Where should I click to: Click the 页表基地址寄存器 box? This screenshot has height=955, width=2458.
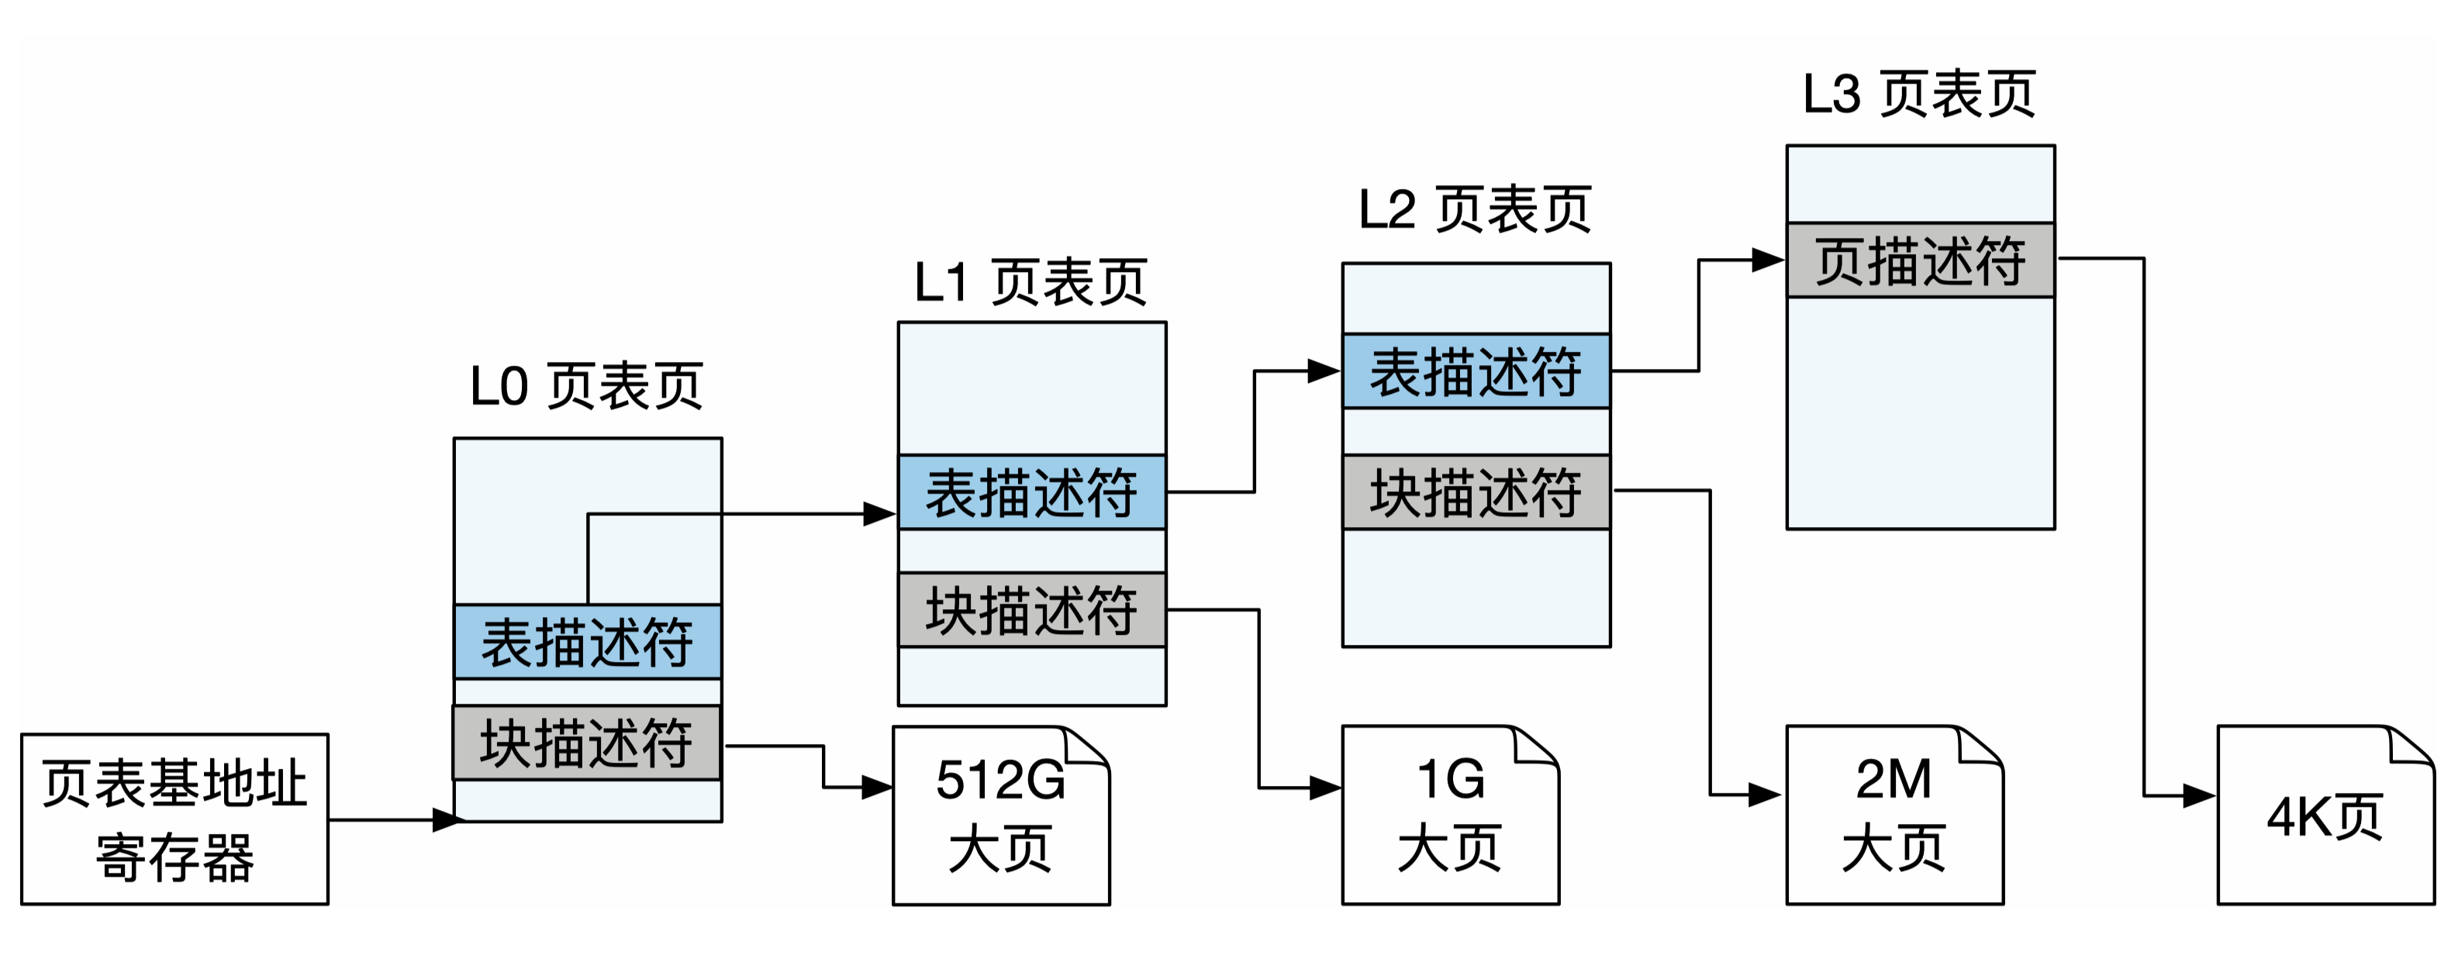[x=174, y=819]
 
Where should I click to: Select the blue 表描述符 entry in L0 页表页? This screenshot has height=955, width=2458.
[x=587, y=641]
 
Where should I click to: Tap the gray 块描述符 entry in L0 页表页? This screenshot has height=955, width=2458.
[x=587, y=743]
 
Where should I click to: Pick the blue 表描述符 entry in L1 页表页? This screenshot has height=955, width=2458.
[x=1031, y=492]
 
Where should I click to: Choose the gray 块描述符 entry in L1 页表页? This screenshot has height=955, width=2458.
[x=1031, y=609]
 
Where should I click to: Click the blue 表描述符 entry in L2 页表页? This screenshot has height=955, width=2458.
[x=1476, y=371]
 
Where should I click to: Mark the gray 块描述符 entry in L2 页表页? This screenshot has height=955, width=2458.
[x=1476, y=491]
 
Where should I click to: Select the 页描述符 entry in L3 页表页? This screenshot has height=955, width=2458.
[x=1920, y=260]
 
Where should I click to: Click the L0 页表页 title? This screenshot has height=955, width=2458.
[x=587, y=386]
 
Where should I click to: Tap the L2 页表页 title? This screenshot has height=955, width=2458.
[x=1475, y=210]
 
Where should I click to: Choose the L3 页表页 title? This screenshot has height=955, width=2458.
[x=1920, y=95]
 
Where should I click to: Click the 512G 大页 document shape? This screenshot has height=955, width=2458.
[x=1001, y=815]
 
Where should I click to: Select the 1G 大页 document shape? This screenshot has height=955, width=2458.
[x=1450, y=815]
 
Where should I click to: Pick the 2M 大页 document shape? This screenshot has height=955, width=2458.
[x=1894, y=815]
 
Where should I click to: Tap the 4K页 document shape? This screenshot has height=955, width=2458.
[x=2325, y=815]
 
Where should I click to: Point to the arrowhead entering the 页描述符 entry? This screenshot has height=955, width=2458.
[x=1767, y=260]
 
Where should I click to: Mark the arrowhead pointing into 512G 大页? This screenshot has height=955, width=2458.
[x=876, y=787]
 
